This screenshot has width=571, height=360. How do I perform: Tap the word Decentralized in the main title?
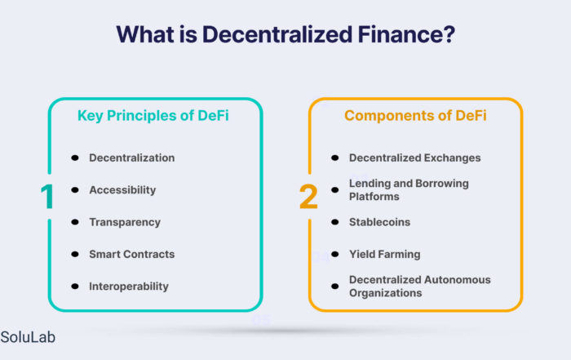tap(277, 34)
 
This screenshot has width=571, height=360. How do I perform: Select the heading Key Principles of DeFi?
tap(153, 116)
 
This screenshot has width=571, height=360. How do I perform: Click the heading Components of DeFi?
tap(415, 115)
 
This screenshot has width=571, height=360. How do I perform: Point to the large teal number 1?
tap(47, 197)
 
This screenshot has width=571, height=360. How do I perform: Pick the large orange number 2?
tap(308, 197)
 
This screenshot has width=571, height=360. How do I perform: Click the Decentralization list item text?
tap(132, 158)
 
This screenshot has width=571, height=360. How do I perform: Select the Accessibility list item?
tap(122, 190)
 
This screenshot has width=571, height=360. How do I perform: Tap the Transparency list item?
tap(125, 222)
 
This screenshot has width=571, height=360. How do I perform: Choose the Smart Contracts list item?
tap(132, 254)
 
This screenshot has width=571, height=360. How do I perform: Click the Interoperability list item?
tap(129, 287)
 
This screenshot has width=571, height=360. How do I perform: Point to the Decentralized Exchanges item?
tap(414, 158)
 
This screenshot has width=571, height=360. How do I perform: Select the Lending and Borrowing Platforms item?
tap(409, 190)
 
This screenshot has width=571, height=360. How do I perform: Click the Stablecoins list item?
tap(379, 222)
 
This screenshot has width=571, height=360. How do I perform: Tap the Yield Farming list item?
tap(384, 255)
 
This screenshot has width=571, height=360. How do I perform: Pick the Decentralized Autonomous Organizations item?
tap(420, 287)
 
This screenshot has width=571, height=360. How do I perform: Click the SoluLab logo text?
tap(28, 337)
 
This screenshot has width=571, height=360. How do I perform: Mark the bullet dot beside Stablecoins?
tap(335, 222)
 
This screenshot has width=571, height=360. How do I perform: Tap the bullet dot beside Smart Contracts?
tap(75, 254)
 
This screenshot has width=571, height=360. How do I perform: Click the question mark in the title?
tap(449, 34)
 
